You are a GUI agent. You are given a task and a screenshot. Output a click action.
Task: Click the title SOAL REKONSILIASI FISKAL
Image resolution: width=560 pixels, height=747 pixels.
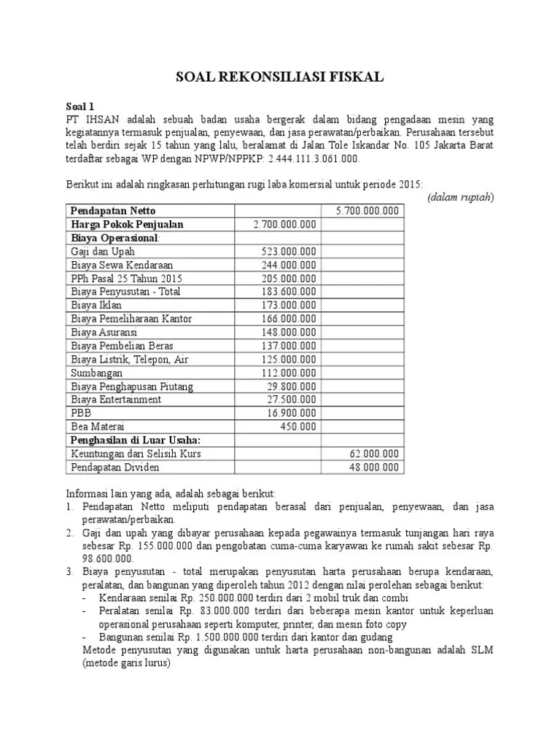click(x=280, y=77)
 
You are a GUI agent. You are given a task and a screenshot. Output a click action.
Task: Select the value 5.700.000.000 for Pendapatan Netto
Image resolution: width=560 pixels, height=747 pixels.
click(x=367, y=211)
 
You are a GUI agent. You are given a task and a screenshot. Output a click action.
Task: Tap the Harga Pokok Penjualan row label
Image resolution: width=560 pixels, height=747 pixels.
click(x=128, y=224)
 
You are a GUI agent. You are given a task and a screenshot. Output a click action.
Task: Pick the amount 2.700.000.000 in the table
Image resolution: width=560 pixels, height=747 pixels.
click(x=284, y=224)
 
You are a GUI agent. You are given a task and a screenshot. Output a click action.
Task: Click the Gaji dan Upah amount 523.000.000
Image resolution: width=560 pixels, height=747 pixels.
click(x=289, y=251)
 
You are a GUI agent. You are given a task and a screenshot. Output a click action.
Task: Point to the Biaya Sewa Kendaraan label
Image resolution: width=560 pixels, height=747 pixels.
click(x=122, y=265)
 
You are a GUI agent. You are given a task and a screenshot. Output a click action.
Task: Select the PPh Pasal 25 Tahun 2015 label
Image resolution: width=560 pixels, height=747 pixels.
click(x=127, y=278)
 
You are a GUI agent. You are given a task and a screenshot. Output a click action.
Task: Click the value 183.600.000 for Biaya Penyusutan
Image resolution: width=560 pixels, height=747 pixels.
click(x=289, y=292)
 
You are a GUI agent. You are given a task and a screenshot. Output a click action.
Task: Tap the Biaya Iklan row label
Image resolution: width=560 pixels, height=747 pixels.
click(x=97, y=305)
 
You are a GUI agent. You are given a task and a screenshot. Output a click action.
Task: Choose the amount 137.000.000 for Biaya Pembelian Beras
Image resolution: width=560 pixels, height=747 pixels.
click(x=289, y=346)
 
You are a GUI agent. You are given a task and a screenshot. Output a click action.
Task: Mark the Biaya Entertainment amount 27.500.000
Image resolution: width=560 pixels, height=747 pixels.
click(x=292, y=400)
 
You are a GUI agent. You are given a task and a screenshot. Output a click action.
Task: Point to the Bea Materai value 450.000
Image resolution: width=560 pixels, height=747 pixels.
click(x=298, y=427)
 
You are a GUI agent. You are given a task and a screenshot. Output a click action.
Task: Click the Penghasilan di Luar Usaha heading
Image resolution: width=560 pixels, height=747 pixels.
click(x=135, y=440)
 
